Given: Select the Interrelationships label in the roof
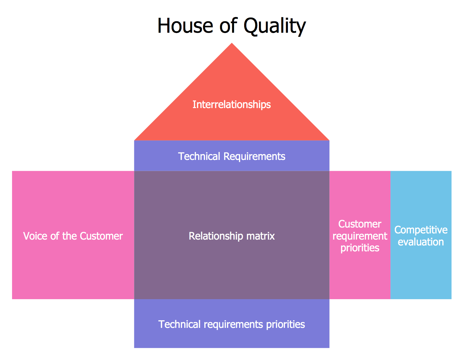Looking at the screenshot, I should pos(231,105).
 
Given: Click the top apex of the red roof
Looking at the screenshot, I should pos(232,44).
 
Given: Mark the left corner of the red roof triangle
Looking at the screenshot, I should pos(135,140).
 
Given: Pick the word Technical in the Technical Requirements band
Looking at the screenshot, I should pos(199,156).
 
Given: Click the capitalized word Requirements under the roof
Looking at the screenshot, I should pos(254,156).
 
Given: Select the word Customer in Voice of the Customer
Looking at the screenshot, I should pos(101,236).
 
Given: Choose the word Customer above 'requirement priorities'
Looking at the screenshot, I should pos(360,224).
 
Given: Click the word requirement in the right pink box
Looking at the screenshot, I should pos(360,236).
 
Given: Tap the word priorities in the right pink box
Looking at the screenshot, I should pos(360,248).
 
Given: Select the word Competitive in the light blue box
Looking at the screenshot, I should pos(421,230).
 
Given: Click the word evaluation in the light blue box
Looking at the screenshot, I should pos(421,242).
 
